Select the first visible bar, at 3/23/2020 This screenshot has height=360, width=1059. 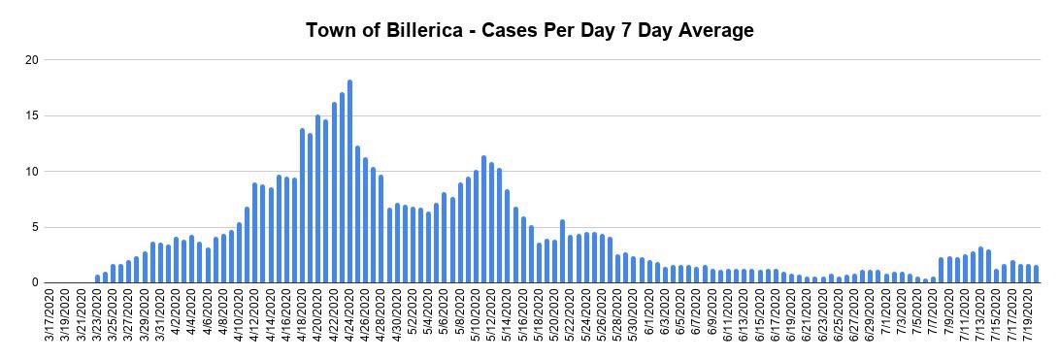98,278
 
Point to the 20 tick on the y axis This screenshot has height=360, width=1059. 32,60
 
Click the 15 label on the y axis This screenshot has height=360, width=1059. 32,116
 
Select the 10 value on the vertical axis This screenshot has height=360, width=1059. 32,172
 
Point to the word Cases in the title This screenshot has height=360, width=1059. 514,30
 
